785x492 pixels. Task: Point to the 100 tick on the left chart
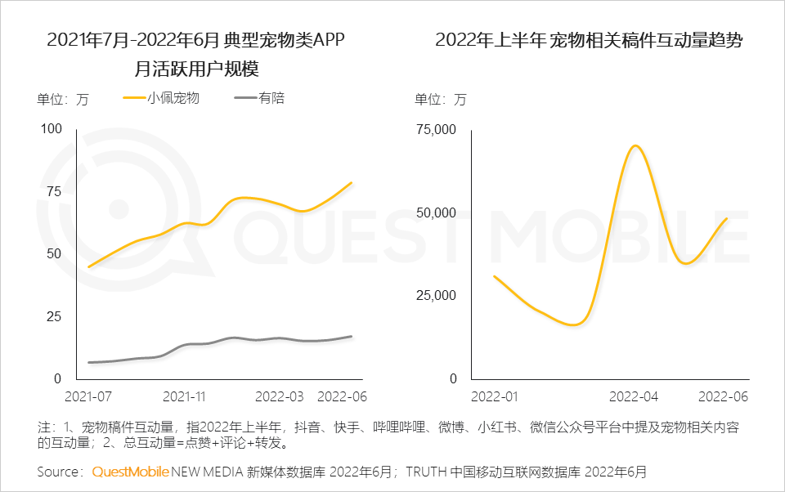[51, 128]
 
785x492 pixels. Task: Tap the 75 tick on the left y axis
[54, 191]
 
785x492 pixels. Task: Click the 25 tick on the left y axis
[54, 316]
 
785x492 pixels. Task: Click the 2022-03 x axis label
[280, 396]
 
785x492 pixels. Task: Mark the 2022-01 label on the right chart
[494, 396]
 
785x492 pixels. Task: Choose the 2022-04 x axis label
[634, 396]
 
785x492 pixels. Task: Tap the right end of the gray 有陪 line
[352, 336]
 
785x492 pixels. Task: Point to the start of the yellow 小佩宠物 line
[88, 266]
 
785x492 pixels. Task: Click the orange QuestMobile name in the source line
[130, 472]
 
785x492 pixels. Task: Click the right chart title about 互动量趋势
[589, 40]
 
